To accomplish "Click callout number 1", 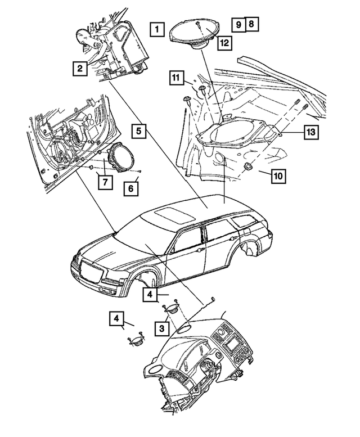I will point(157,28).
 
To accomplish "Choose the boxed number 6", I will point(130,188).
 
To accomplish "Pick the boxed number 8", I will point(251,24).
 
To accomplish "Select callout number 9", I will point(238,24).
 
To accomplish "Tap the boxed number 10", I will point(278,175).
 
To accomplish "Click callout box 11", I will point(177,78).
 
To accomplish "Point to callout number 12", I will point(224,42).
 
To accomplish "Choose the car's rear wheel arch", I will point(251,246).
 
